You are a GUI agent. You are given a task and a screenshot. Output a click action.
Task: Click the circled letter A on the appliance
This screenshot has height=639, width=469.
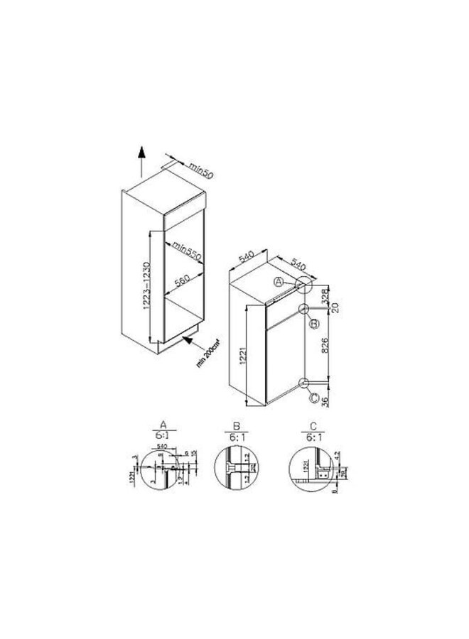coord(280,282)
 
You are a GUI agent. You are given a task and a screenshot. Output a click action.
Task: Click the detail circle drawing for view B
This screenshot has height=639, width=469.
coord(234,469)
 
